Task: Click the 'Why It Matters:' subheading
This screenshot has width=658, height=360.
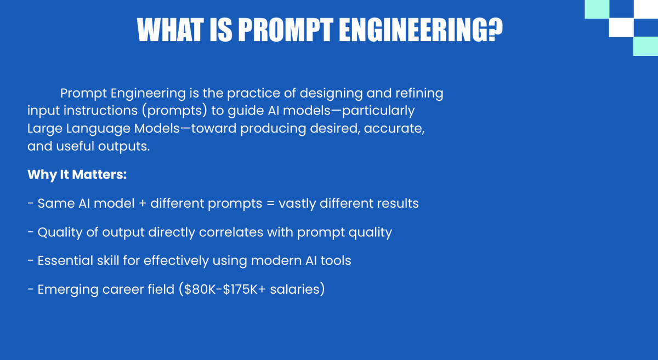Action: tap(77, 175)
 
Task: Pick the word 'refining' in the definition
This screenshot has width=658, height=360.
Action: tap(417, 93)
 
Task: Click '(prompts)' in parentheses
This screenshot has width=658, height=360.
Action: tap(175, 111)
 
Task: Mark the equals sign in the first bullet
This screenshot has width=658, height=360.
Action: tap(270, 204)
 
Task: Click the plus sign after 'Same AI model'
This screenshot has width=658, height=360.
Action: tap(141, 204)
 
